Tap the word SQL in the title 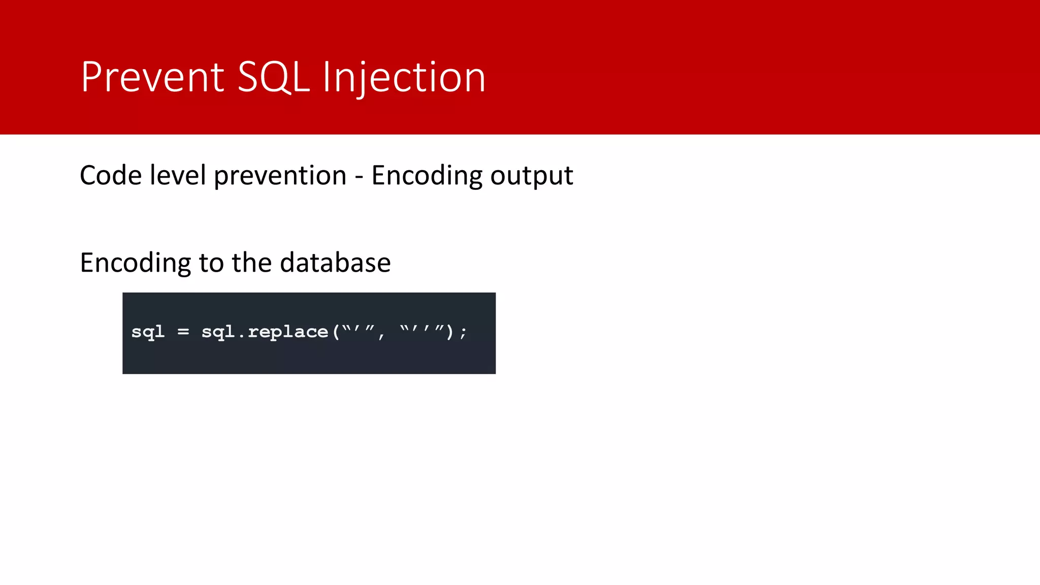273,77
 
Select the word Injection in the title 404,77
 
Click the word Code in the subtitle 111,176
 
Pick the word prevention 280,176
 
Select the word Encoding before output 427,176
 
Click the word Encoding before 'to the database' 135,263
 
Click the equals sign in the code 183,332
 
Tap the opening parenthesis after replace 336,332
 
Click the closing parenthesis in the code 449,332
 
